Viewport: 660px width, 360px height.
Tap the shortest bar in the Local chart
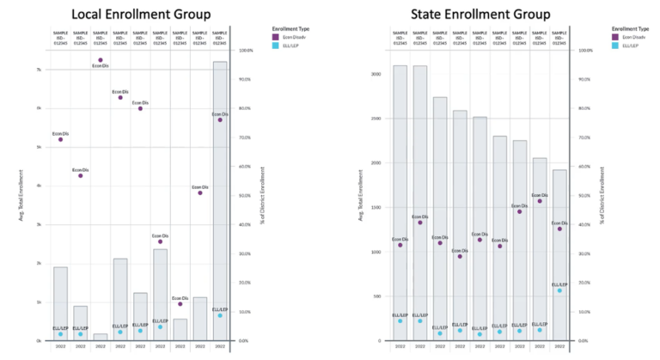click(101, 337)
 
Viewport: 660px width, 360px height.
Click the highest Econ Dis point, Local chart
click(101, 60)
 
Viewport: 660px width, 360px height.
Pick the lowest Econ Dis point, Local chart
click(180, 304)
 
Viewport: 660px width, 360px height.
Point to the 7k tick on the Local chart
click(39, 70)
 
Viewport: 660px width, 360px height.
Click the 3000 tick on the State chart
click(375, 74)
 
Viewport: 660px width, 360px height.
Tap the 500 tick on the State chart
click(376, 296)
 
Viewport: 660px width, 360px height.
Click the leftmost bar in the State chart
click(400, 203)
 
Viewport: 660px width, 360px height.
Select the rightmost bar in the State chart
click(559, 255)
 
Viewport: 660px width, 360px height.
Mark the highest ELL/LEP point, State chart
click(559, 290)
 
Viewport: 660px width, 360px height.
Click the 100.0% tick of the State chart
click(586, 50)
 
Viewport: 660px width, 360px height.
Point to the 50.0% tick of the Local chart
click(245, 196)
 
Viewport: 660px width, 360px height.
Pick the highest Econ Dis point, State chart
click(539, 201)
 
